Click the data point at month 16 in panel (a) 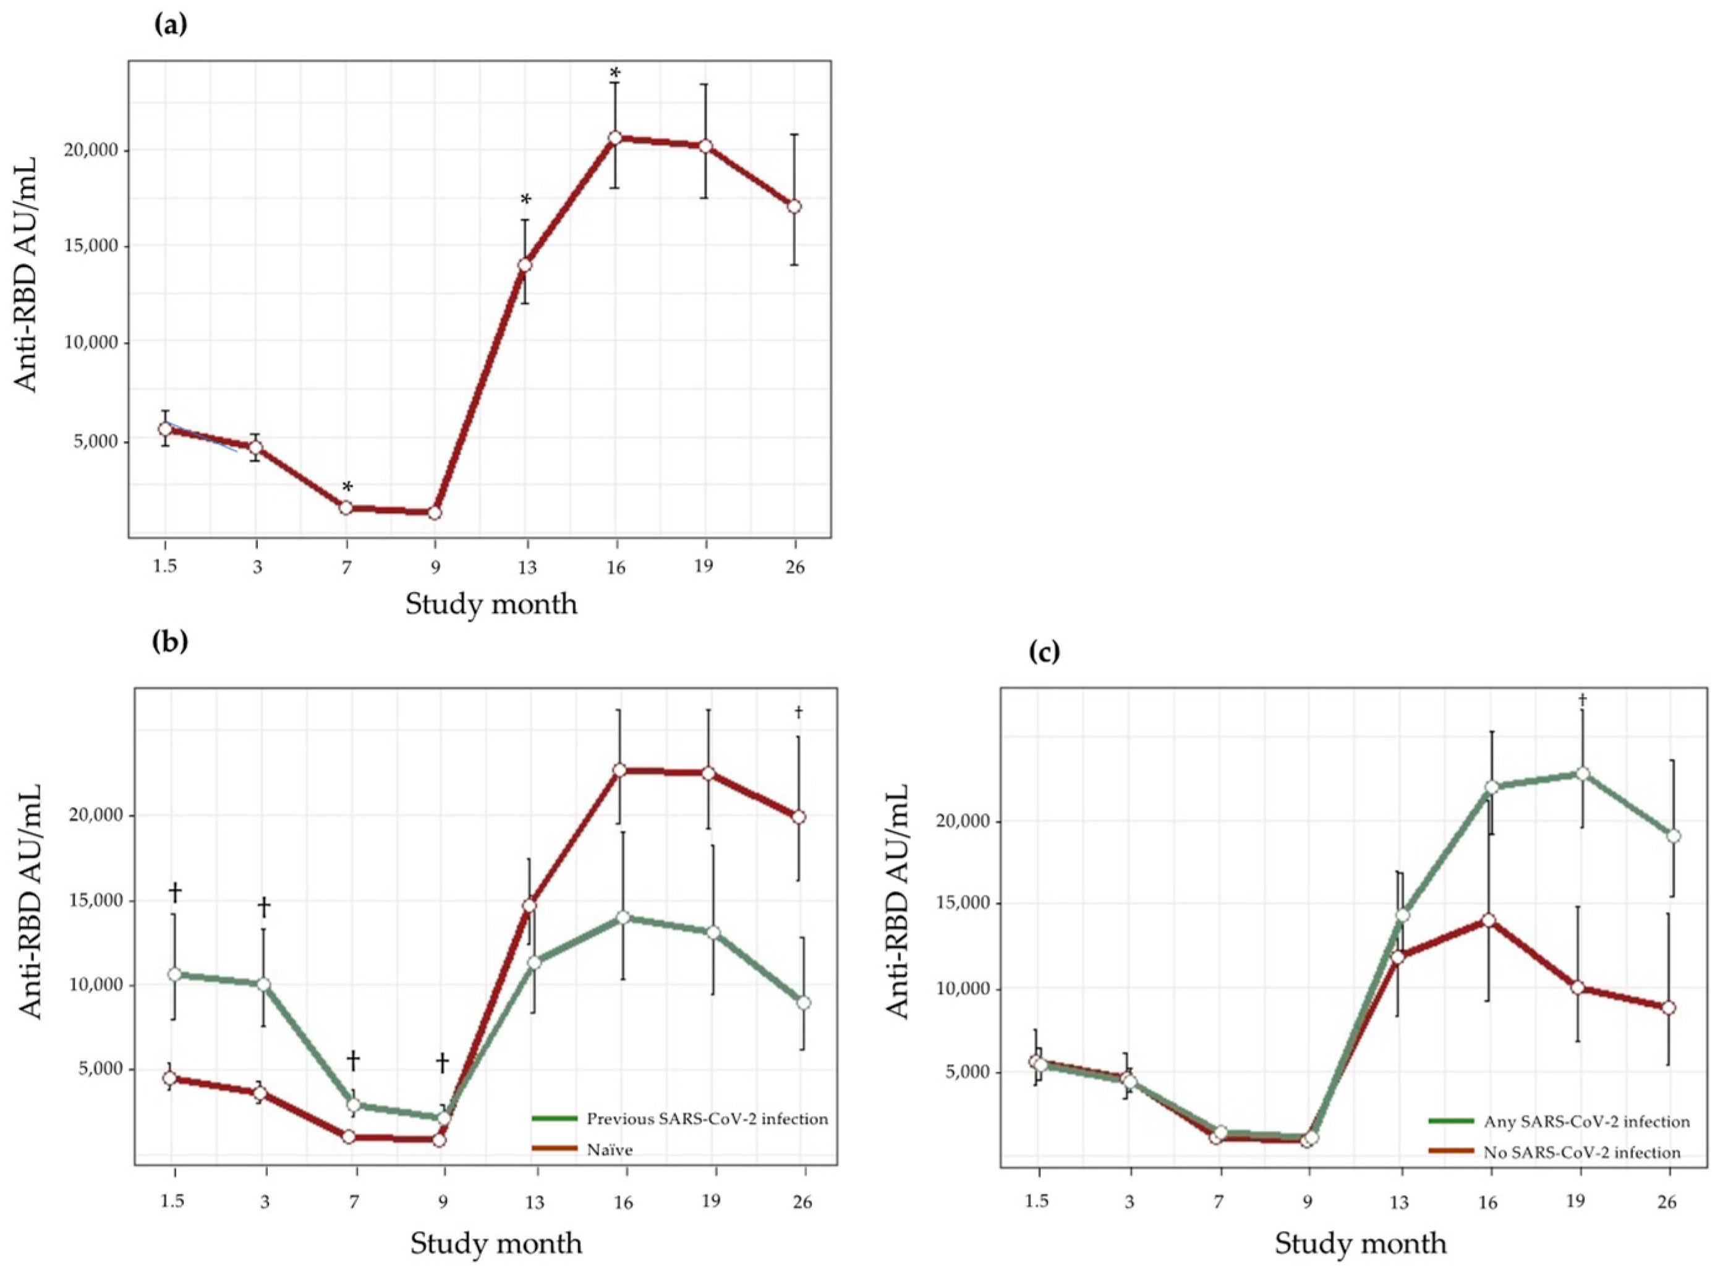click(615, 138)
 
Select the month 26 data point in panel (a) click(794, 206)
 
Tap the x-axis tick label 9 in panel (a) click(436, 567)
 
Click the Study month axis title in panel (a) click(491, 603)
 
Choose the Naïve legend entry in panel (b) click(609, 1149)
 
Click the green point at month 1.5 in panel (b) click(175, 974)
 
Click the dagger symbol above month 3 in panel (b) click(263, 907)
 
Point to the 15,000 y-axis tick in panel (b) click(91, 901)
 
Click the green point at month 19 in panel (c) click(1583, 774)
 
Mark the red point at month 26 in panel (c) click(1668, 1008)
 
